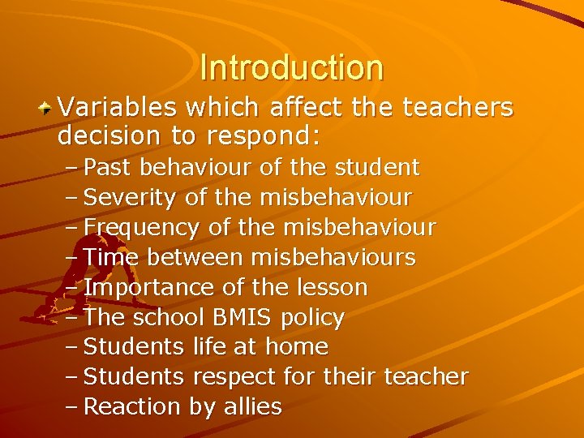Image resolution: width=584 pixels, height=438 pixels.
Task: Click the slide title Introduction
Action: (x=291, y=67)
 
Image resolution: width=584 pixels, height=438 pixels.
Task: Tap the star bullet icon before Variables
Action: (x=48, y=107)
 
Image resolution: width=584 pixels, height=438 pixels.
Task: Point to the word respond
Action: (x=269, y=135)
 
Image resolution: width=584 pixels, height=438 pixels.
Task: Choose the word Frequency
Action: (x=142, y=228)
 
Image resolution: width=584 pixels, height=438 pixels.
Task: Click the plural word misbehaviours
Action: (x=333, y=258)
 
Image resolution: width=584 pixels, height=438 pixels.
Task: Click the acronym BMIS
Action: (x=236, y=317)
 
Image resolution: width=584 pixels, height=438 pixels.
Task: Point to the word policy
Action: (x=312, y=318)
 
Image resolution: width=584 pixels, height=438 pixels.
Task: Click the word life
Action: (x=210, y=347)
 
